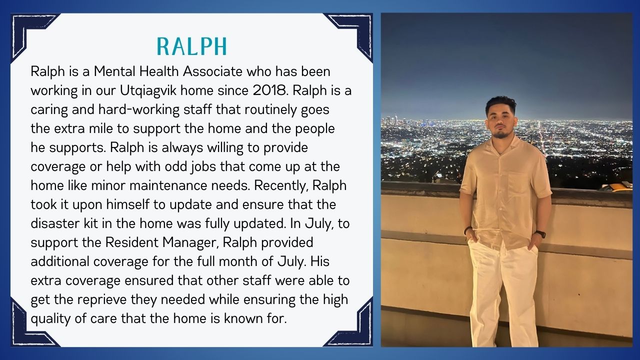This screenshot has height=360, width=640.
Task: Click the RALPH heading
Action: click(x=192, y=46)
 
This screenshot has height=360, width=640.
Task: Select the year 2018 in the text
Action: click(x=269, y=90)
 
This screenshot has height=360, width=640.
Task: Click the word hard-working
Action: click(x=139, y=110)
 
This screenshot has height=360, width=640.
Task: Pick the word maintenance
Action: click(x=168, y=185)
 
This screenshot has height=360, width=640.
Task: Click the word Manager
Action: click(x=190, y=243)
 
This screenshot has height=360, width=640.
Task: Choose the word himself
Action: click(x=127, y=204)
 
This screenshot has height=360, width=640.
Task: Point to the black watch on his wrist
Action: click(x=540, y=234)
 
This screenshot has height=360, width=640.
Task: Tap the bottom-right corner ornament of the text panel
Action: click(x=354, y=328)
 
